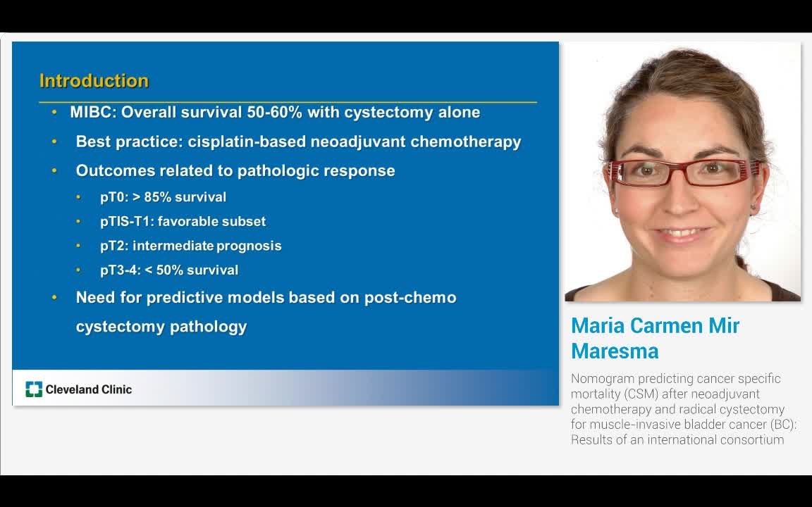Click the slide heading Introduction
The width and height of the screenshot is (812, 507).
(x=94, y=81)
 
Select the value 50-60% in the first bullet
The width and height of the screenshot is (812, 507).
(x=274, y=113)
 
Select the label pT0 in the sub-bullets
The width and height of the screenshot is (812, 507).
(x=113, y=197)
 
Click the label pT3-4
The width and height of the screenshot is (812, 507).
(x=119, y=270)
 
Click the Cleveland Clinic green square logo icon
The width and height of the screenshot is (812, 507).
(x=34, y=389)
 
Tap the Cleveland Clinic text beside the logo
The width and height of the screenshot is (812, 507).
(x=89, y=389)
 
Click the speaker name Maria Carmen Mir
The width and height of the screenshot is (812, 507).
(x=655, y=326)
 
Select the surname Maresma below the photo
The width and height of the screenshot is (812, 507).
(x=615, y=351)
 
